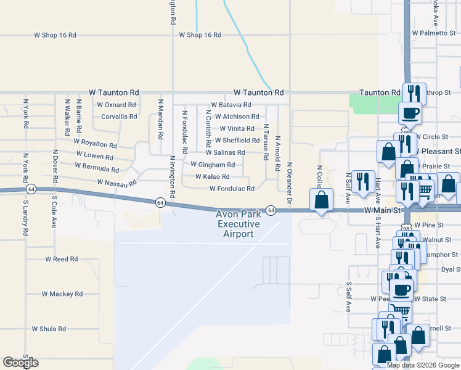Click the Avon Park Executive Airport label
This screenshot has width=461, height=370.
click(238, 224)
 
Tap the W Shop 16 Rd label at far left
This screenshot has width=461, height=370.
click(55, 35)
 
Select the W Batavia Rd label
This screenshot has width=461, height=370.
click(230, 105)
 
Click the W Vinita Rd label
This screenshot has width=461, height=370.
click(237, 129)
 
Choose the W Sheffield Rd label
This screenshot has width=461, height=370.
click(237, 141)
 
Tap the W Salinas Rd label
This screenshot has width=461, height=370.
click(225, 152)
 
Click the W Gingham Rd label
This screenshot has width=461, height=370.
click(213, 165)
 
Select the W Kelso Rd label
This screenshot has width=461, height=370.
click(212, 176)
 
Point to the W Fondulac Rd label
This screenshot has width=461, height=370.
click(232, 189)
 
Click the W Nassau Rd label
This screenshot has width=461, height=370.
click(116, 183)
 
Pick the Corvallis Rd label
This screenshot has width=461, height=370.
click(119, 117)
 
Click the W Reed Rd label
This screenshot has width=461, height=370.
click(61, 260)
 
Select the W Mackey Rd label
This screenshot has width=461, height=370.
click(62, 294)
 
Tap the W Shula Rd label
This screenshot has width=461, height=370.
click(53, 329)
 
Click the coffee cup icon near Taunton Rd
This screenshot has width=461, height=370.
click(410, 113)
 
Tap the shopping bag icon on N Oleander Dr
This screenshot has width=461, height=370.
click(321, 200)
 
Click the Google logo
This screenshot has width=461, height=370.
click(20, 363)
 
